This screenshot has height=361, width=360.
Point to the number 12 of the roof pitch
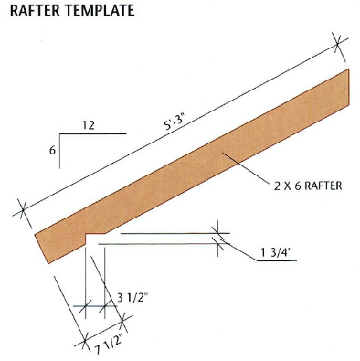pos(89,123)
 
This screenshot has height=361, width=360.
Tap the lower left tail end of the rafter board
pos(41,245)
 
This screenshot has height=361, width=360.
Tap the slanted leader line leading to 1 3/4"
pos(236,247)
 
